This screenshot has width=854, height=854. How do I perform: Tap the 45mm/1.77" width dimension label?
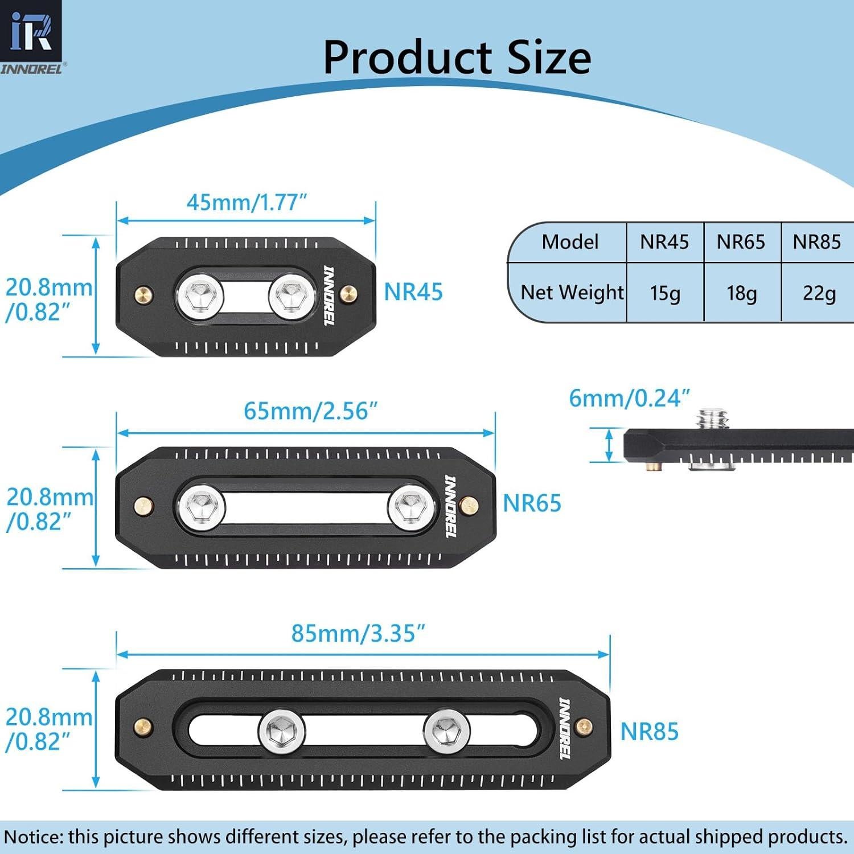point(247,202)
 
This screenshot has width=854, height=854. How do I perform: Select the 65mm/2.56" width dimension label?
point(310,411)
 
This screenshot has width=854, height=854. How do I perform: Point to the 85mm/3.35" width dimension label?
point(358,633)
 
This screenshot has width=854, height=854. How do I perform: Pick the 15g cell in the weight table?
point(665,293)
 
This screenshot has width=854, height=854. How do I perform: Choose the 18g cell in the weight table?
point(741,293)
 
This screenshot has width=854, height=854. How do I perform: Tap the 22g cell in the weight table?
point(819,293)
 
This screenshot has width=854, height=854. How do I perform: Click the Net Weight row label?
point(572,292)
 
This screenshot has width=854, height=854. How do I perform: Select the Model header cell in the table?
point(570,242)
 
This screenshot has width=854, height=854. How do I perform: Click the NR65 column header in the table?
point(741,242)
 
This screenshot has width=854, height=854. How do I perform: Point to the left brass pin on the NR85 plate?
point(145,726)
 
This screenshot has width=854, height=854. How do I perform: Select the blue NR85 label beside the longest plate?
point(649,732)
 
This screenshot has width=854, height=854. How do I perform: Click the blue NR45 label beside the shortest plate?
point(413,292)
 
